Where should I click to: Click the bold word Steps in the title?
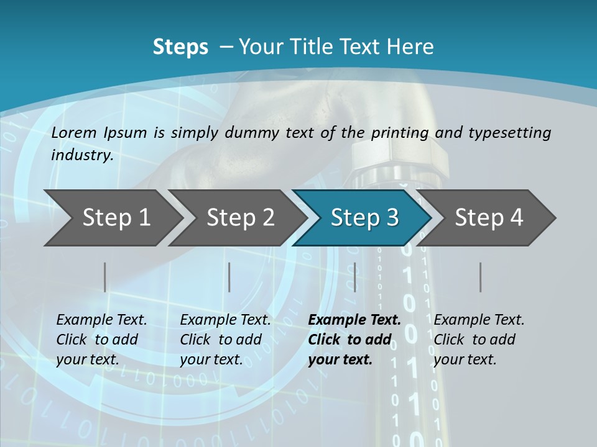180,47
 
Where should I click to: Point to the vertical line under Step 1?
105,277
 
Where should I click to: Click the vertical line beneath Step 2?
229,277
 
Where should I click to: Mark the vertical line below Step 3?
354,277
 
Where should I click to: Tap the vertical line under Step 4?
480,277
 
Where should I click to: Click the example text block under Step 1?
101,340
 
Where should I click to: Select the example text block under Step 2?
225,340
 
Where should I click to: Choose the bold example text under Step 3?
354,340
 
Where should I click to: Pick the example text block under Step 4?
479,340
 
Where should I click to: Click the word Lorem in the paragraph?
74,132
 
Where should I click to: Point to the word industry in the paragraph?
82,155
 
